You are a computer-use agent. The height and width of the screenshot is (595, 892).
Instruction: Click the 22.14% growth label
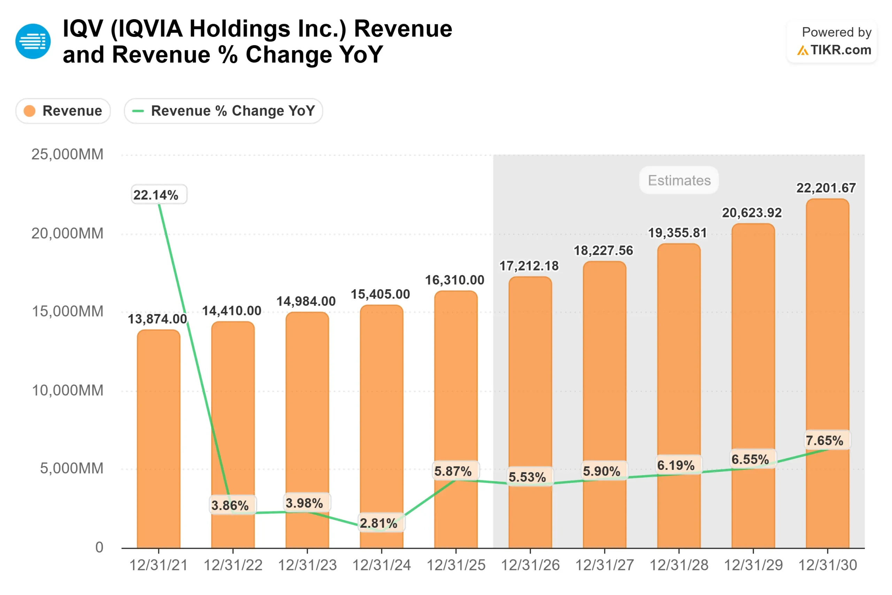tap(159, 194)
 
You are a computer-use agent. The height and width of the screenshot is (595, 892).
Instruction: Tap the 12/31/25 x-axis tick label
tap(456, 565)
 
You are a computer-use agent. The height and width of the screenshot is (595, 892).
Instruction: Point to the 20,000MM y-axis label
tap(67, 234)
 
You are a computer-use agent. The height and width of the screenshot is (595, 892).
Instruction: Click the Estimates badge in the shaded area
tap(679, 180)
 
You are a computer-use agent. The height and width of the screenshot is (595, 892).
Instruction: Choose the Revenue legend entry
tap(63, 111)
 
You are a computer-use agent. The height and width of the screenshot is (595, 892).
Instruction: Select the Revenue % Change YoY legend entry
tap(223, 111)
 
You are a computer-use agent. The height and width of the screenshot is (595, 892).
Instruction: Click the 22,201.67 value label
tap(826, 188)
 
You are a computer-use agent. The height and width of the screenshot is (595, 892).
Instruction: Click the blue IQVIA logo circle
tap(33, 41)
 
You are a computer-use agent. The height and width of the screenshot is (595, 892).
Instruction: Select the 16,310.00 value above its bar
tap(454, 280)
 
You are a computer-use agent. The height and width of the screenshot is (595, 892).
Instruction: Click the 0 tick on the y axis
tap(99, 547)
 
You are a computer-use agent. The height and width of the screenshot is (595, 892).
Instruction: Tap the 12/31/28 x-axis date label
tap(679, 565)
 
